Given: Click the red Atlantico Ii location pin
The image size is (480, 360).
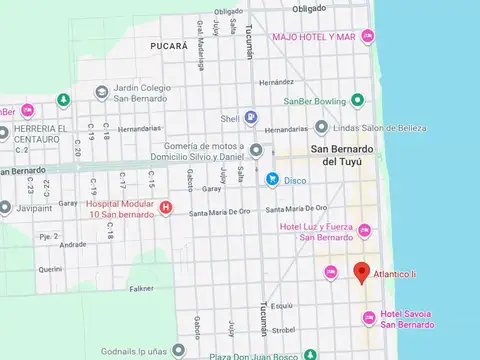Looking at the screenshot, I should tap(362, 271).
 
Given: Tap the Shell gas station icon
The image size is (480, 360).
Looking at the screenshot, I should tap(251, 117).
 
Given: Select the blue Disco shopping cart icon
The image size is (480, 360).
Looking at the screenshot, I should tap(272, 178).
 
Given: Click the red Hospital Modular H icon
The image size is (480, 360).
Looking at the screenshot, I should tap(166, 209).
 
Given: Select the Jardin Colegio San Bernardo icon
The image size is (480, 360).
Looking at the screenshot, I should tap(102, 92).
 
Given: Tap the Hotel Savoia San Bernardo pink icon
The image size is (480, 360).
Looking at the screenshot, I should tap(368, 318).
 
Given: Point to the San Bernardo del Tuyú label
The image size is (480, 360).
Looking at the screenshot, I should tap(346, 156).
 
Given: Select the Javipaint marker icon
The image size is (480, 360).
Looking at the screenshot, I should tap(5, 209).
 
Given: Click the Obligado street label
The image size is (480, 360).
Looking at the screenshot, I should tap(309, 8).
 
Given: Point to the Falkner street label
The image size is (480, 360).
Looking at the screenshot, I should tap(142, 288).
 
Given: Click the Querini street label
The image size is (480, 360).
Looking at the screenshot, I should tap(50, 268).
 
